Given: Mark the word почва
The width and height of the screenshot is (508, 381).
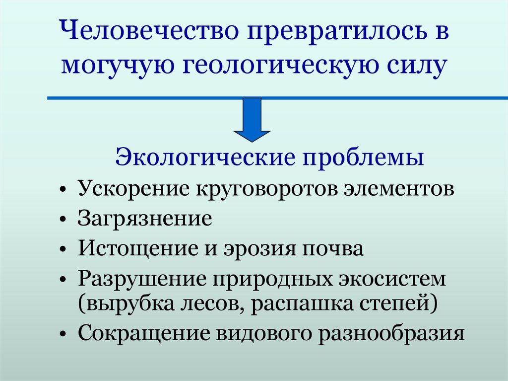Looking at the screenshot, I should coord(335,248).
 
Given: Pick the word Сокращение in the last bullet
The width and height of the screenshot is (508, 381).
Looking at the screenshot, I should coord(142,332).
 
